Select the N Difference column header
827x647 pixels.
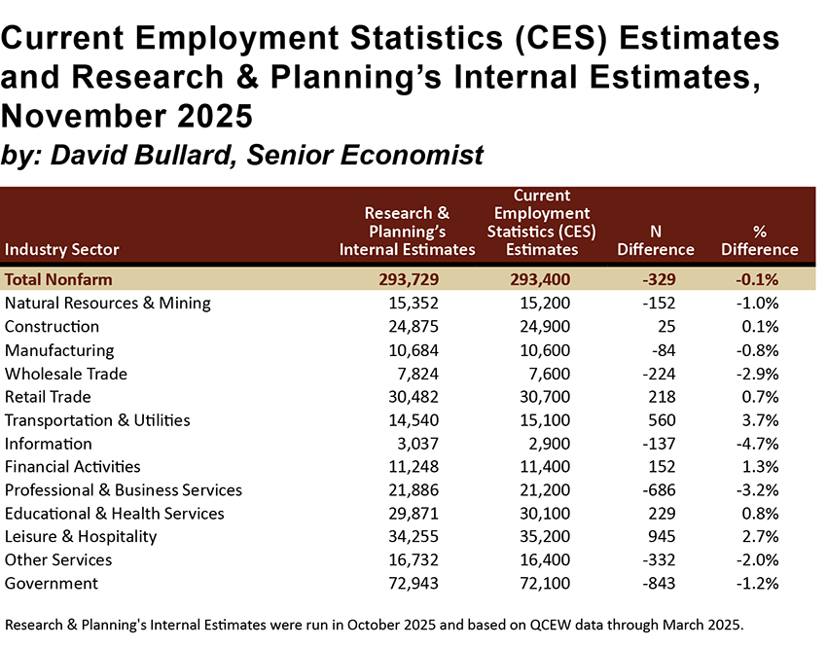point(655,239)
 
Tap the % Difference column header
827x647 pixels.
point(759,239)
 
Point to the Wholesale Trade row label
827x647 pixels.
point(66,374)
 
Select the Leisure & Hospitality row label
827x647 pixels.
point(81,536)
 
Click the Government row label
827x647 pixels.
point(52,584)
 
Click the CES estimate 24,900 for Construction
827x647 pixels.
point(551,327)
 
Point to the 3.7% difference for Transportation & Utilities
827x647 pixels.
point(760,420)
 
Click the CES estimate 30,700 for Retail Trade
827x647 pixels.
point(551,397)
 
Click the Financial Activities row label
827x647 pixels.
point(73,467)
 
